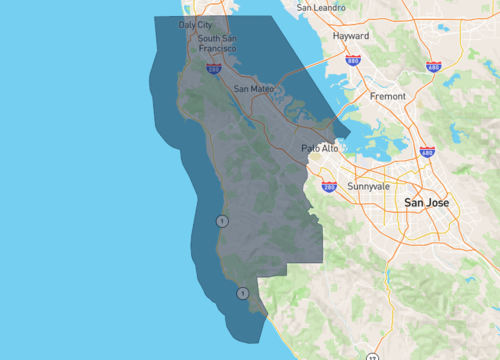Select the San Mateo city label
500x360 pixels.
click(253, 88)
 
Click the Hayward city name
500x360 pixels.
click(350, 35)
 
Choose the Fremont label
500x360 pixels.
click(387, 96)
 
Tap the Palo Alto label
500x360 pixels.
click(320, 148)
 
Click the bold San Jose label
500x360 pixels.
click(426, 203)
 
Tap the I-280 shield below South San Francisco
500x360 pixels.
click(214, 68)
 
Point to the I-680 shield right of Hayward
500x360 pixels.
click(433, 66)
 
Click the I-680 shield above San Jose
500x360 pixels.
click(428, 153)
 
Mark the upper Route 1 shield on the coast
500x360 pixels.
click(221, 220)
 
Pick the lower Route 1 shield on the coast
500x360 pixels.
click(242, 293)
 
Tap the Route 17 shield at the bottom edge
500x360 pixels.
click(372, 357)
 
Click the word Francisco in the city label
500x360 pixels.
click(217, 48)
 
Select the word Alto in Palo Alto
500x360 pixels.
click(329, 148)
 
